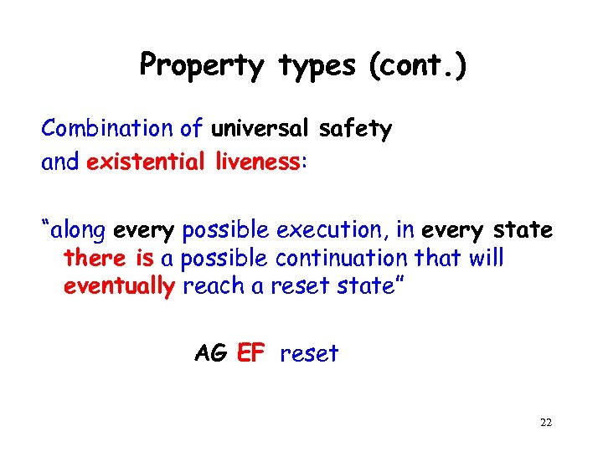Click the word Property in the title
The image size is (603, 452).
pos(201,65)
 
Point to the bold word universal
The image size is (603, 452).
pos(261,129)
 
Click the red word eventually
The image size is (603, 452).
pos(119,286)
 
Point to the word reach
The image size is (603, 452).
pos(211,286)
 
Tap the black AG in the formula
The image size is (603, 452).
pos(210,353)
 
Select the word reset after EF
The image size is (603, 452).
pos(309,353)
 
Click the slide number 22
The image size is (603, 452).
pos(545,423)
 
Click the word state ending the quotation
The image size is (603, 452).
pos(358,286)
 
